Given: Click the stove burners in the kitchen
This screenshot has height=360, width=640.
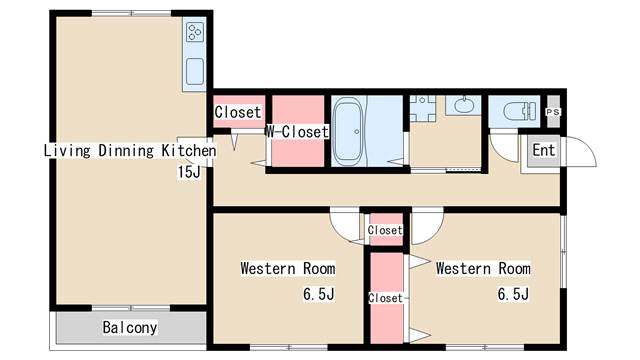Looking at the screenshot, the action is tap(194, 32).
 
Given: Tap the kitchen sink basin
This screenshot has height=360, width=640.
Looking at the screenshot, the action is tap(195, 71).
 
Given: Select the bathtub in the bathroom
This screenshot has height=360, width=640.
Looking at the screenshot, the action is tap(348, 131).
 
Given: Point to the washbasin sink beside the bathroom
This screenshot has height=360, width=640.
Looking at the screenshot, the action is tap(462, 105).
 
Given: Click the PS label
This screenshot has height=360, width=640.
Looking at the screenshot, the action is tap(553, 112).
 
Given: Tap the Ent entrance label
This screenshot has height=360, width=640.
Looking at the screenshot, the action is tap(544, 150).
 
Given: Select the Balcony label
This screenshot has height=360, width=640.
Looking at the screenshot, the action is tap(130, 327).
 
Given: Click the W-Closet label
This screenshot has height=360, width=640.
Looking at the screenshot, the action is tap(297, 131).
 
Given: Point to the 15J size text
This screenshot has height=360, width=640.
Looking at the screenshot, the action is tap(189, 172).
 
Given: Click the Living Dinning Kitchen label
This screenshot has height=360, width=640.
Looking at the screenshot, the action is tap(130, 150).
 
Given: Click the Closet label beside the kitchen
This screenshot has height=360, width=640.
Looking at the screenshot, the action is tap(238, 112).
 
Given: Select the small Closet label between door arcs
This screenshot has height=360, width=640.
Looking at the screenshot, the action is tap(385, 230).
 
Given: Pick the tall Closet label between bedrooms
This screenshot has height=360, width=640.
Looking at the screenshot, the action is tap(385, 298).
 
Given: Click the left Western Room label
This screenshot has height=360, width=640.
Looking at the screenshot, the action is tap(288, 269).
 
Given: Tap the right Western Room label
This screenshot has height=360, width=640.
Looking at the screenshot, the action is tap(483, 269).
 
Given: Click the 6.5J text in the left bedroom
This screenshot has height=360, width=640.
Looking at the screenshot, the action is tap(318, 294).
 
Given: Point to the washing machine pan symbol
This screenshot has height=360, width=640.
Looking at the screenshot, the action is tap(422, 109).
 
